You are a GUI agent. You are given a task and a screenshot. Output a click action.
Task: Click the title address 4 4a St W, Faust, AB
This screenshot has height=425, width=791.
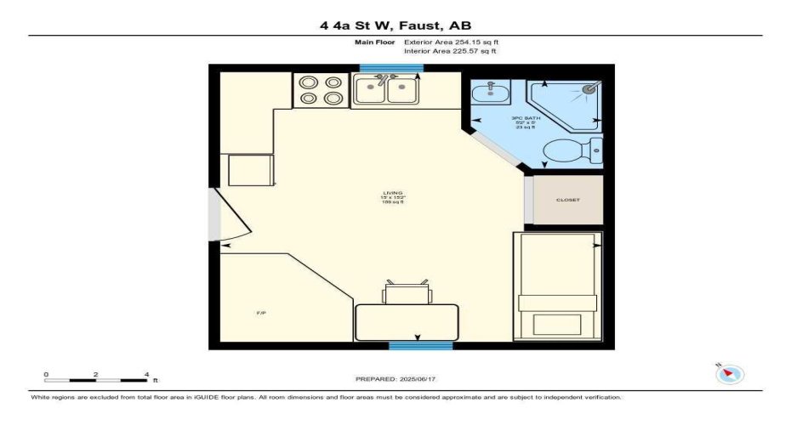click(395, 25)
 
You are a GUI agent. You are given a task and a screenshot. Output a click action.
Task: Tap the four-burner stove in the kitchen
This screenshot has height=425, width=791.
click(321, 90)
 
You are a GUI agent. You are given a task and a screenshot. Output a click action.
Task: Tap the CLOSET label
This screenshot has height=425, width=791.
click(567, 200)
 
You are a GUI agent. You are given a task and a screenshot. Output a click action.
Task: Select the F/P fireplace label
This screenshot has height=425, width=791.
click(261, 314)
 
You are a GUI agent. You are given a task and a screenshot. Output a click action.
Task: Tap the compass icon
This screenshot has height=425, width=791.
click(731, 374)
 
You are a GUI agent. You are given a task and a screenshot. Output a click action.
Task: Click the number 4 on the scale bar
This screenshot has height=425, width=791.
click(146, 374)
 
